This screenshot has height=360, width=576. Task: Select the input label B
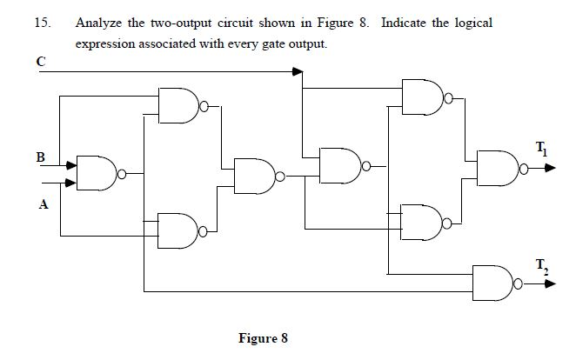40,158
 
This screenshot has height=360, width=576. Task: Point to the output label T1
542,147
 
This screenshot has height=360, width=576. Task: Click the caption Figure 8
262,337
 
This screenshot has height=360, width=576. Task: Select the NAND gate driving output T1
495,168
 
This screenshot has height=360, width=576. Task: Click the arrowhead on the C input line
297,72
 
